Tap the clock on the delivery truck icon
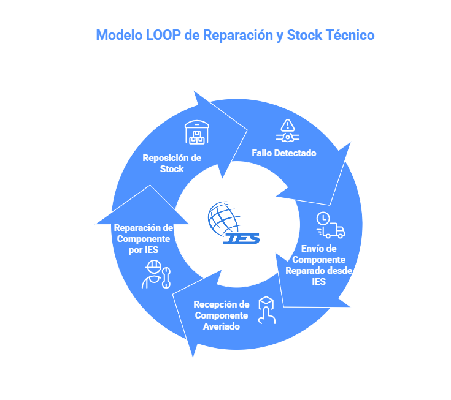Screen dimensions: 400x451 [x=323, y=218]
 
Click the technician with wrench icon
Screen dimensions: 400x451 [x=156, y=274]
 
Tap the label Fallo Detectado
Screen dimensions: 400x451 [x=284, y=153]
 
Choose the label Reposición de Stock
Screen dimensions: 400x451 [x=172, y=163]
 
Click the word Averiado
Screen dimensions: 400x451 [x=218, y=326]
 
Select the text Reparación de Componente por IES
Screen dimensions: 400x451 [x=144, y=238]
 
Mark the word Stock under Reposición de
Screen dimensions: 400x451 [x=172, y=168]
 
